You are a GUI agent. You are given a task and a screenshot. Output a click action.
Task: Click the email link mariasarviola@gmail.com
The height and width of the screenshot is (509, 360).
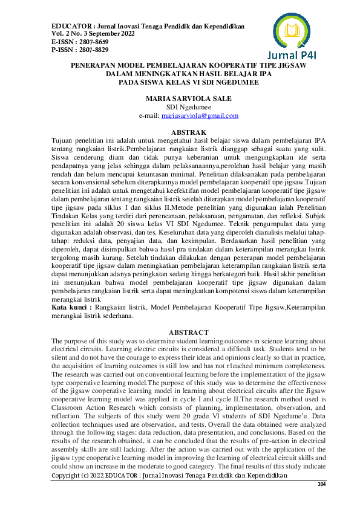(206, 115)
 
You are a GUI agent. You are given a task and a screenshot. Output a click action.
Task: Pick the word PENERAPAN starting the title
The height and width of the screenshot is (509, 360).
(96, 64)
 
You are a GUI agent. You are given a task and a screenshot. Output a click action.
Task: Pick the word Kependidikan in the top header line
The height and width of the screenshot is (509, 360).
(220, 27)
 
